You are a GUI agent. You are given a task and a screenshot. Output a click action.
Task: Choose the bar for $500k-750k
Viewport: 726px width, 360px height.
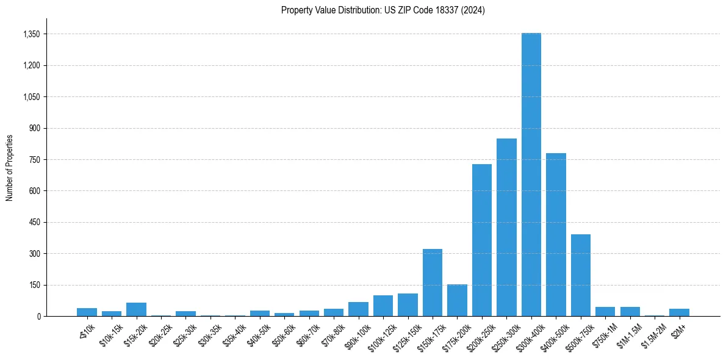[581, 275]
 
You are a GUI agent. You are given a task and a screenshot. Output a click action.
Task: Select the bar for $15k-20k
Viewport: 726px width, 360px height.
[136, 309]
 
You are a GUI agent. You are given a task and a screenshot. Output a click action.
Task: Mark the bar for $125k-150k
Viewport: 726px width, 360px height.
[408, 304]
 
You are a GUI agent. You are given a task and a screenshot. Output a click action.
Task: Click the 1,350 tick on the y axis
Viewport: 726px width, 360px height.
[31, 34]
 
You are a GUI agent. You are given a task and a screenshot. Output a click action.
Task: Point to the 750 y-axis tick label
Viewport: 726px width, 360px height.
[34, 160]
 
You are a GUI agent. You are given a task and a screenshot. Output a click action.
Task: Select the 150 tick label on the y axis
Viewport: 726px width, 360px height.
[34, 285]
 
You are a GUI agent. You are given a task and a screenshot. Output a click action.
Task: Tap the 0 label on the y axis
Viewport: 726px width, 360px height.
[38, 316]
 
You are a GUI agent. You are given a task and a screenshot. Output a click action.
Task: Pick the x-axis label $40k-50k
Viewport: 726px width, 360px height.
[257, 335]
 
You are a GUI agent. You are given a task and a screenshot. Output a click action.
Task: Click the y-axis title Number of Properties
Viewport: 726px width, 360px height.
[10, 168]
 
